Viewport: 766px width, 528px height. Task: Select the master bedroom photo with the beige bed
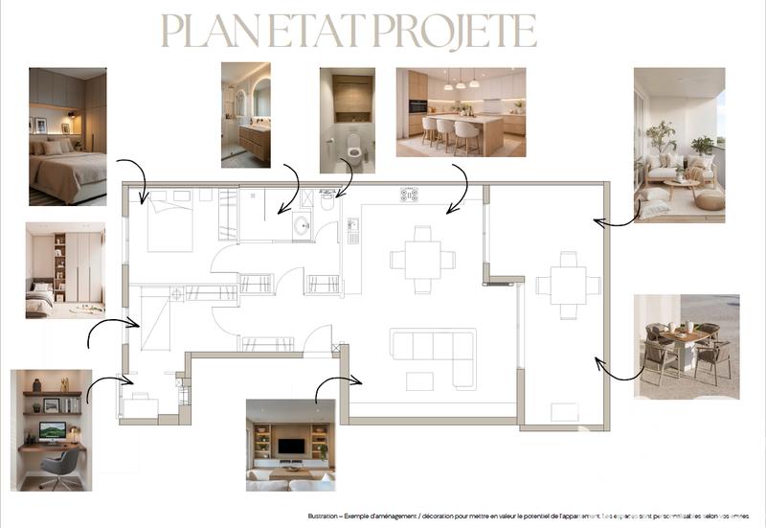(67, 136)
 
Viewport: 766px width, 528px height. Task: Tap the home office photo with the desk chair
(52, 430)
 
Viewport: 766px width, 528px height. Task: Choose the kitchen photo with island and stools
(461, 112)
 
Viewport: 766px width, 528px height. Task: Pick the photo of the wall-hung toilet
(347, 120)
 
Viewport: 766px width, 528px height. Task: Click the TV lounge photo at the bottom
(290, 445)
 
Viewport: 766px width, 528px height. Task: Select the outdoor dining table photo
(686, 346)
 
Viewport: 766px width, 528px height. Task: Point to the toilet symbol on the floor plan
(327, 201)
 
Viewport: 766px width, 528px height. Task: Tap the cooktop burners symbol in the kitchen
(409, 195)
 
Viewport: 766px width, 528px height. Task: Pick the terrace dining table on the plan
(568, 285)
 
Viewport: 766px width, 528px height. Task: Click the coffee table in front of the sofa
(420, 380)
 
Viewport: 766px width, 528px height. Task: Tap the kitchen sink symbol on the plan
(352, 230)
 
